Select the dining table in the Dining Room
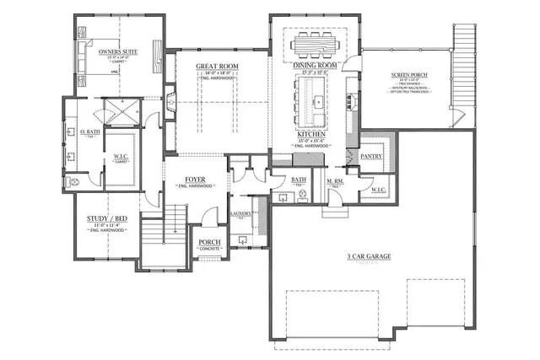pyautogui.click(x=316, y=44)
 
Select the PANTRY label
pyautogui.click(x=372, y=157)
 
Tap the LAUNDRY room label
pyautogui.click(x=241, y=214)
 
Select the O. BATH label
pyautogui.click(x=89, y=133)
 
